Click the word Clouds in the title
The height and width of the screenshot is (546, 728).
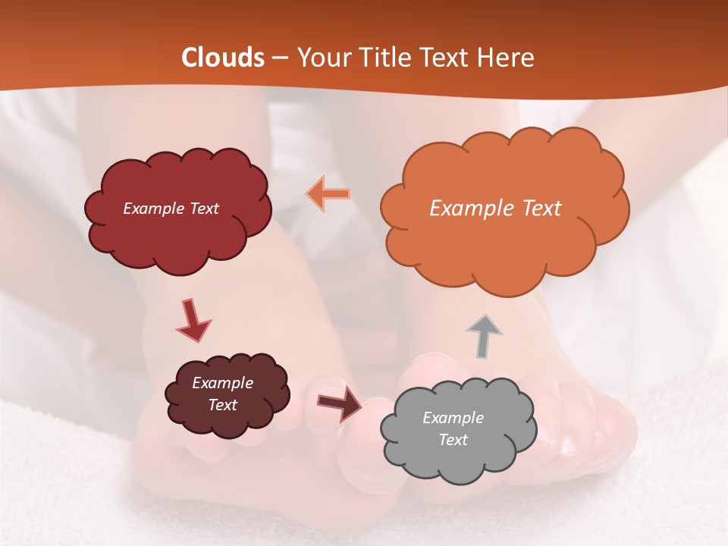point(223,58)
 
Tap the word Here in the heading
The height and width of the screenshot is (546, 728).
point(506,58)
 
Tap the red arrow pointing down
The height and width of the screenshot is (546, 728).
point(193,320)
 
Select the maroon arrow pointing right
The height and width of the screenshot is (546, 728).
point(340,403)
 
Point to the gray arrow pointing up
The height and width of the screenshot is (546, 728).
point(483,336)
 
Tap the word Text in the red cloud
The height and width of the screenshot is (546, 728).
point(202,209)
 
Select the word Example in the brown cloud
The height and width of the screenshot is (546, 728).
point(223,383)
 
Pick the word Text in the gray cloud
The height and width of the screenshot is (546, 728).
point(453,440)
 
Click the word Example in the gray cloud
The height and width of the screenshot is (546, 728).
point(453,418)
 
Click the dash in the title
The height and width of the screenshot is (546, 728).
point(279,58)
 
